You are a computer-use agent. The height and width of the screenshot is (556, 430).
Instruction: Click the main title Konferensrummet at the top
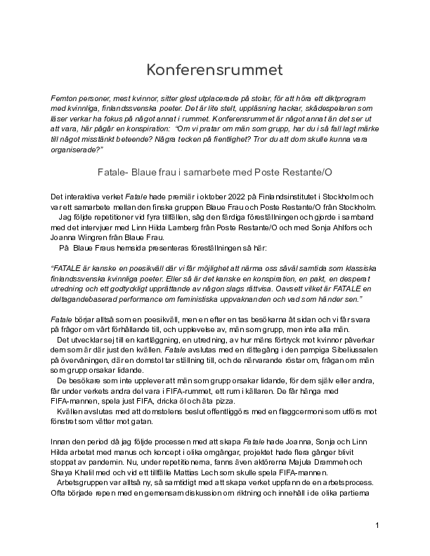214,70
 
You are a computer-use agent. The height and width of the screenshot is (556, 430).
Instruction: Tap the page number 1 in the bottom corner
377,526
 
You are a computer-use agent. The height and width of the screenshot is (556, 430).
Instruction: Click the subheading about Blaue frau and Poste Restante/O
214,171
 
